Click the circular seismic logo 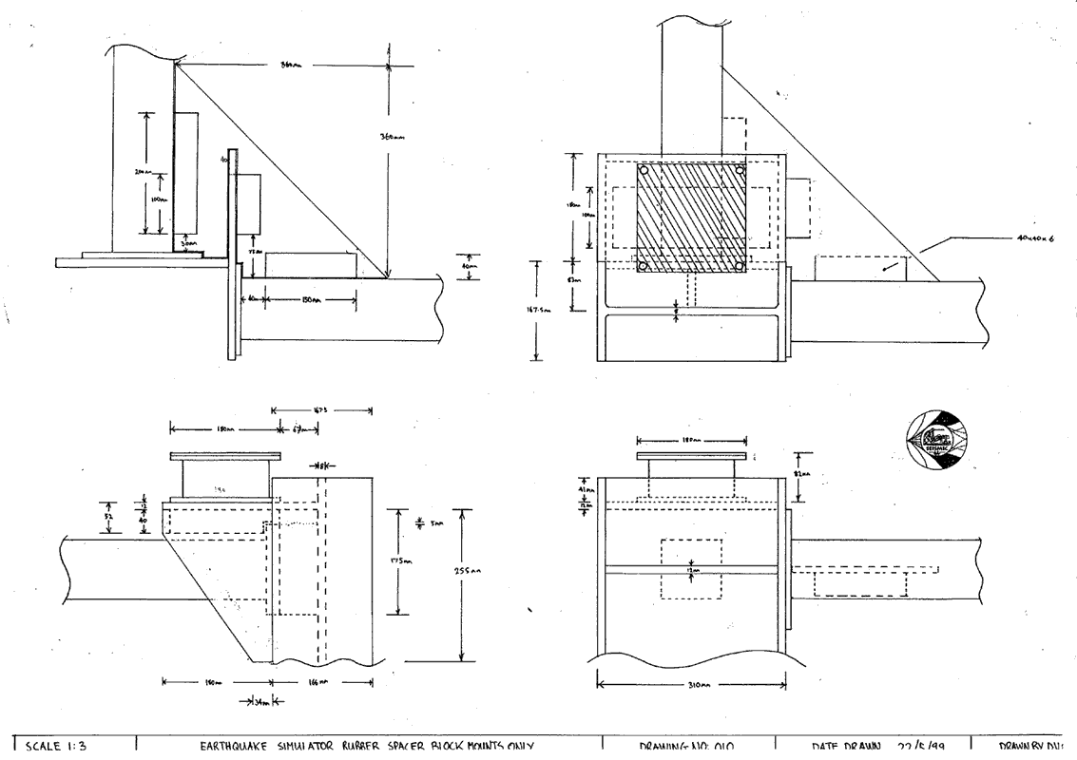click(938, 439)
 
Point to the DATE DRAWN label click(842, 749)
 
